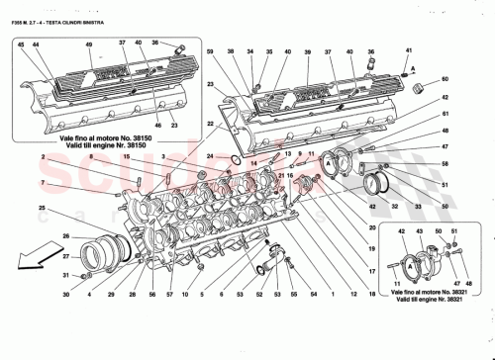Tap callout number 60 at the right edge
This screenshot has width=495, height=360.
tap(445, 78)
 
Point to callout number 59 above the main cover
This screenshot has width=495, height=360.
tap(209, 51)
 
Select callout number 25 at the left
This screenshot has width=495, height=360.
tap(42, 208)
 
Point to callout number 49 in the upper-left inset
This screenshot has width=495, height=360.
tap(90, 45)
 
